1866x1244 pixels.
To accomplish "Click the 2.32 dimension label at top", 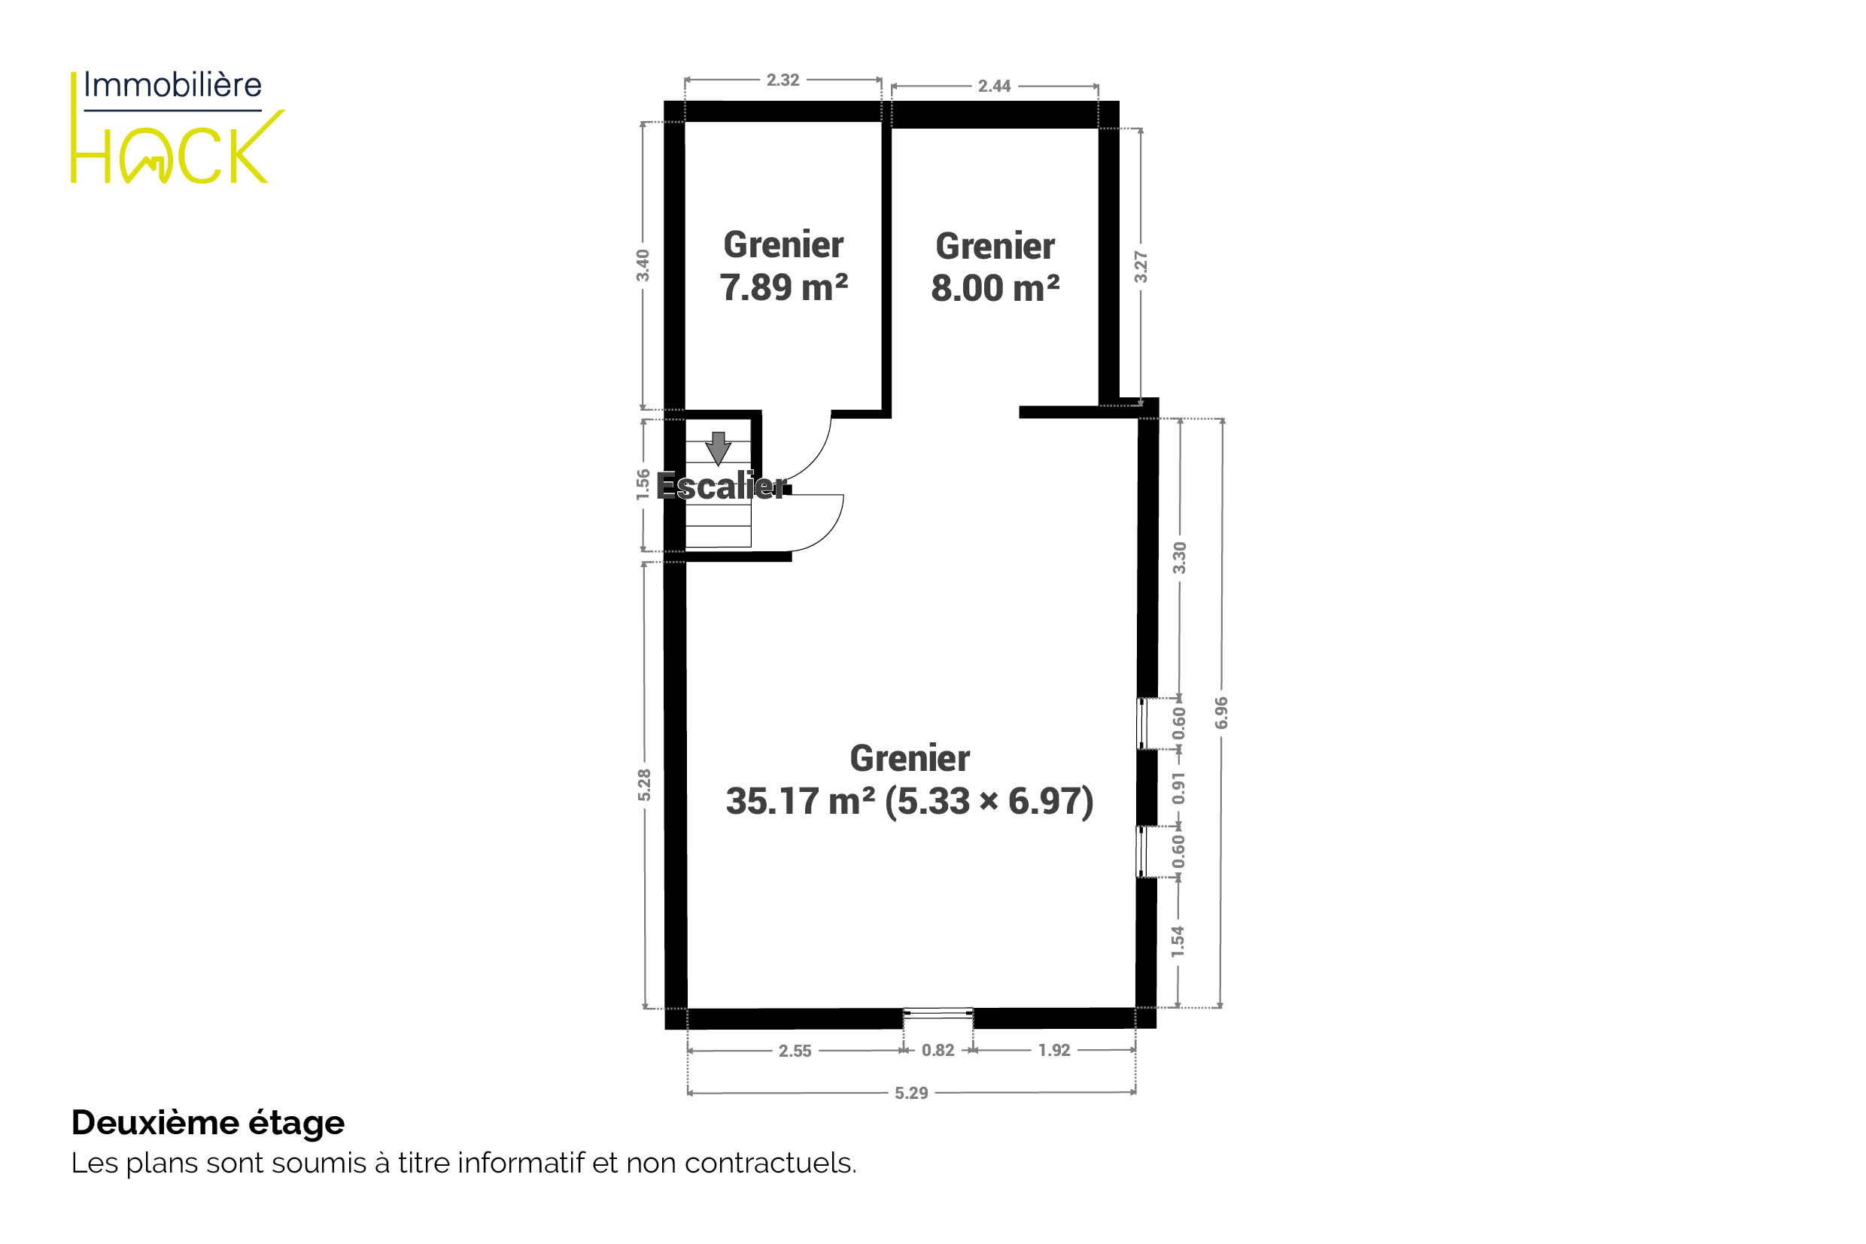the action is click(x=783, y=80).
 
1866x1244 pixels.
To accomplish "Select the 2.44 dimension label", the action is click(x=995, y=86).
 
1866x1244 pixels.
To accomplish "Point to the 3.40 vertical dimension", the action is click(x=643, y=265).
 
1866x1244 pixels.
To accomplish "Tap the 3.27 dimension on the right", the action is click(x=1141, y=266).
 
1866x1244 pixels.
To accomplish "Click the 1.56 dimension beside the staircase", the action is click(x=643, y=485).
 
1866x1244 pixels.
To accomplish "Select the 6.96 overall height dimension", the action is click(x=1221, y=712).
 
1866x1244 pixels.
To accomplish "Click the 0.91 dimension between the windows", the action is click(x=1180, y=787).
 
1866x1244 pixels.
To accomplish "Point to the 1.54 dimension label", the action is click(x=1178, y=941).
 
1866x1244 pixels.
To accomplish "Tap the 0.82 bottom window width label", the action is click(x=938, y=1051).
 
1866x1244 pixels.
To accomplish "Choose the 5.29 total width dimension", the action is click(x=911, y=1094).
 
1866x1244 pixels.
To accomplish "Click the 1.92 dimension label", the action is click(x=1054, y=1051).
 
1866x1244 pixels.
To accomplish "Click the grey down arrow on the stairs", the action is click(x=719, y=449).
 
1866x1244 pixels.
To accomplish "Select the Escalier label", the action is click(x=722, y=486).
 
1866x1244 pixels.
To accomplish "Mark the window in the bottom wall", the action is click(x=938, y=1013).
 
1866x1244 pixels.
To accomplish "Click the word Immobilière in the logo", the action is click(x=172, y=85).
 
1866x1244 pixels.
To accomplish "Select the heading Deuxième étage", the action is click(x=208, y=1124).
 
